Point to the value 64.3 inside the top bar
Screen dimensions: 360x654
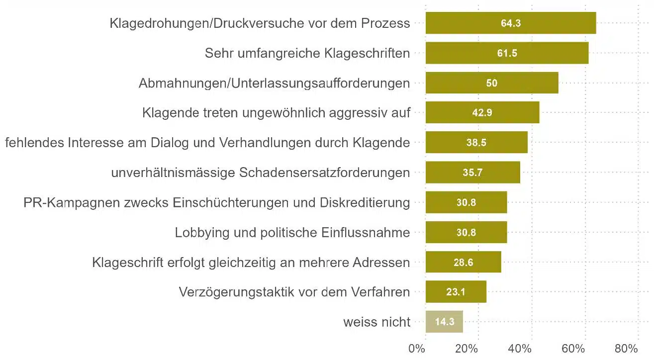511,23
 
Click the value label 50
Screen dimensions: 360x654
491,83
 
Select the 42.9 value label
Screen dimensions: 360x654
482,113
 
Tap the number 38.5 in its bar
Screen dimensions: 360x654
476,143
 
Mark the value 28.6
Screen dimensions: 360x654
463,262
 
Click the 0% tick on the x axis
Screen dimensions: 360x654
417,349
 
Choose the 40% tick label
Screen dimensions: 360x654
520,349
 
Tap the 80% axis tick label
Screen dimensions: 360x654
626,349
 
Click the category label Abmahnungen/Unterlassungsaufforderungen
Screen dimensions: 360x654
274,83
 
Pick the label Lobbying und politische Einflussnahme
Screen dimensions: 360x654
292,232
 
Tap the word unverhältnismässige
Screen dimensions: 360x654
173,173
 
